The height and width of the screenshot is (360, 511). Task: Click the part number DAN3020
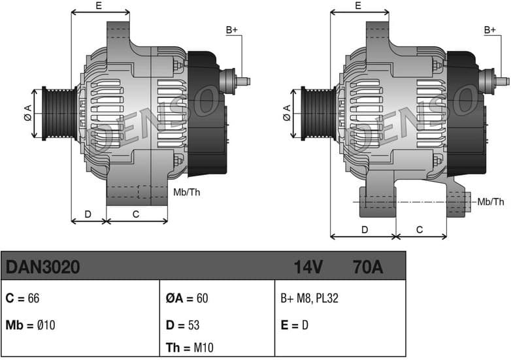point(43,267)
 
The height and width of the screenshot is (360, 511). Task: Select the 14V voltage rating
point(308,267)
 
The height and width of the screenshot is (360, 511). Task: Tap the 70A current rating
point(367,267)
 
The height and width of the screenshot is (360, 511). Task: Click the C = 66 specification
point(23,299)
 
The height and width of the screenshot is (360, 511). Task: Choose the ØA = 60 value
point(187,299)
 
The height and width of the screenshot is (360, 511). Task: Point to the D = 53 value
point(183,325)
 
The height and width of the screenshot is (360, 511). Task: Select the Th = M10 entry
point(190,348)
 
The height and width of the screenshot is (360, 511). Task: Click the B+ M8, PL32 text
point(309,299)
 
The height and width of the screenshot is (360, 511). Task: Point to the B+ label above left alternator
point(232,30)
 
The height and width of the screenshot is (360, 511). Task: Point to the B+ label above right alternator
point(490,30)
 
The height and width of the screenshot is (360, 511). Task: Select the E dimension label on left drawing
point(99,6)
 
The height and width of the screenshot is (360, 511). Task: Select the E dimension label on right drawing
point(358,6)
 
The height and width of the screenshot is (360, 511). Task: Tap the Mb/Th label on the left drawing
point(186,192)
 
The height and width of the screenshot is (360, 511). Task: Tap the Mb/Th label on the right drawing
point(491,202)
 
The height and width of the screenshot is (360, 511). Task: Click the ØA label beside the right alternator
point(287,113)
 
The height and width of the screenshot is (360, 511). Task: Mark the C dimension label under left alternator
point(136,213)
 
